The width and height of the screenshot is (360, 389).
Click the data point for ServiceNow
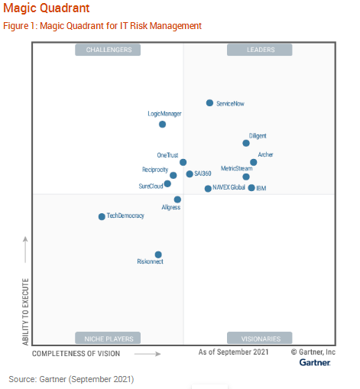209,102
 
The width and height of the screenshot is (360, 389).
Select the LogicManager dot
162,124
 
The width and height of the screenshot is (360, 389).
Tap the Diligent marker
246,143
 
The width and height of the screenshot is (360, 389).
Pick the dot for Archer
254,162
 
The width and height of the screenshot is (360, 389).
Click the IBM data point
251,187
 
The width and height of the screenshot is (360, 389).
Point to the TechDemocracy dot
102,216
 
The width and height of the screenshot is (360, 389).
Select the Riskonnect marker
158,254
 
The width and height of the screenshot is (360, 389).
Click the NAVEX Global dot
208,188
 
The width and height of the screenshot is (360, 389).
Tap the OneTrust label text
167,155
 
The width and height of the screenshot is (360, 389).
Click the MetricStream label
236,168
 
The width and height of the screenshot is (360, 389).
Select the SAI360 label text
203,174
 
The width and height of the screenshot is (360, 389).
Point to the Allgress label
171,208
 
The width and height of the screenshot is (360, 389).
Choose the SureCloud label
151,186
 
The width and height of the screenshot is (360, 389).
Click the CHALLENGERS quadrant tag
109,50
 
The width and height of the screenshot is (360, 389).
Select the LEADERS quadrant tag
260,50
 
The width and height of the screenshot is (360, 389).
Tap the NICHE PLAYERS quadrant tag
109,338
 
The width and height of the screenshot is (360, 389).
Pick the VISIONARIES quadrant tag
260,338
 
